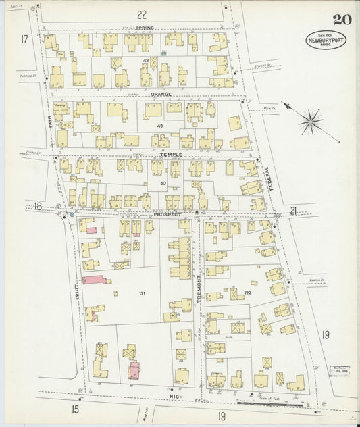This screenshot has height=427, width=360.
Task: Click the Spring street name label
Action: click(x=145, y=28)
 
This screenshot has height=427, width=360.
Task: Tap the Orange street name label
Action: click(x=161, y=94)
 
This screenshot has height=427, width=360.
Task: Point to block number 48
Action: click(x=145, y=61)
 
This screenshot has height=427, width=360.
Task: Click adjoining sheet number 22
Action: click(x=141, y=14)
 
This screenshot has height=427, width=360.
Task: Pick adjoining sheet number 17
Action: click(x=24, y=39)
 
